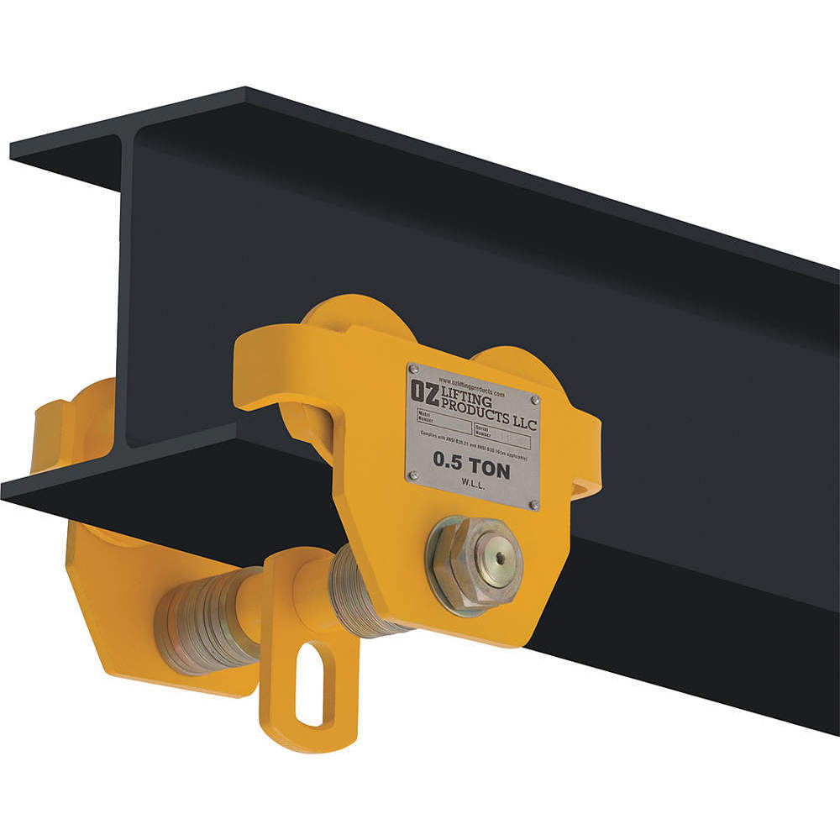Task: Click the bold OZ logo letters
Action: [x=423, y=392]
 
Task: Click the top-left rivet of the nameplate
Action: [x=412, y=370]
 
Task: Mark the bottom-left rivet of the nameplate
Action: [x=412, y=475]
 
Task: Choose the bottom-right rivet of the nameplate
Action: [x=533, y=504]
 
